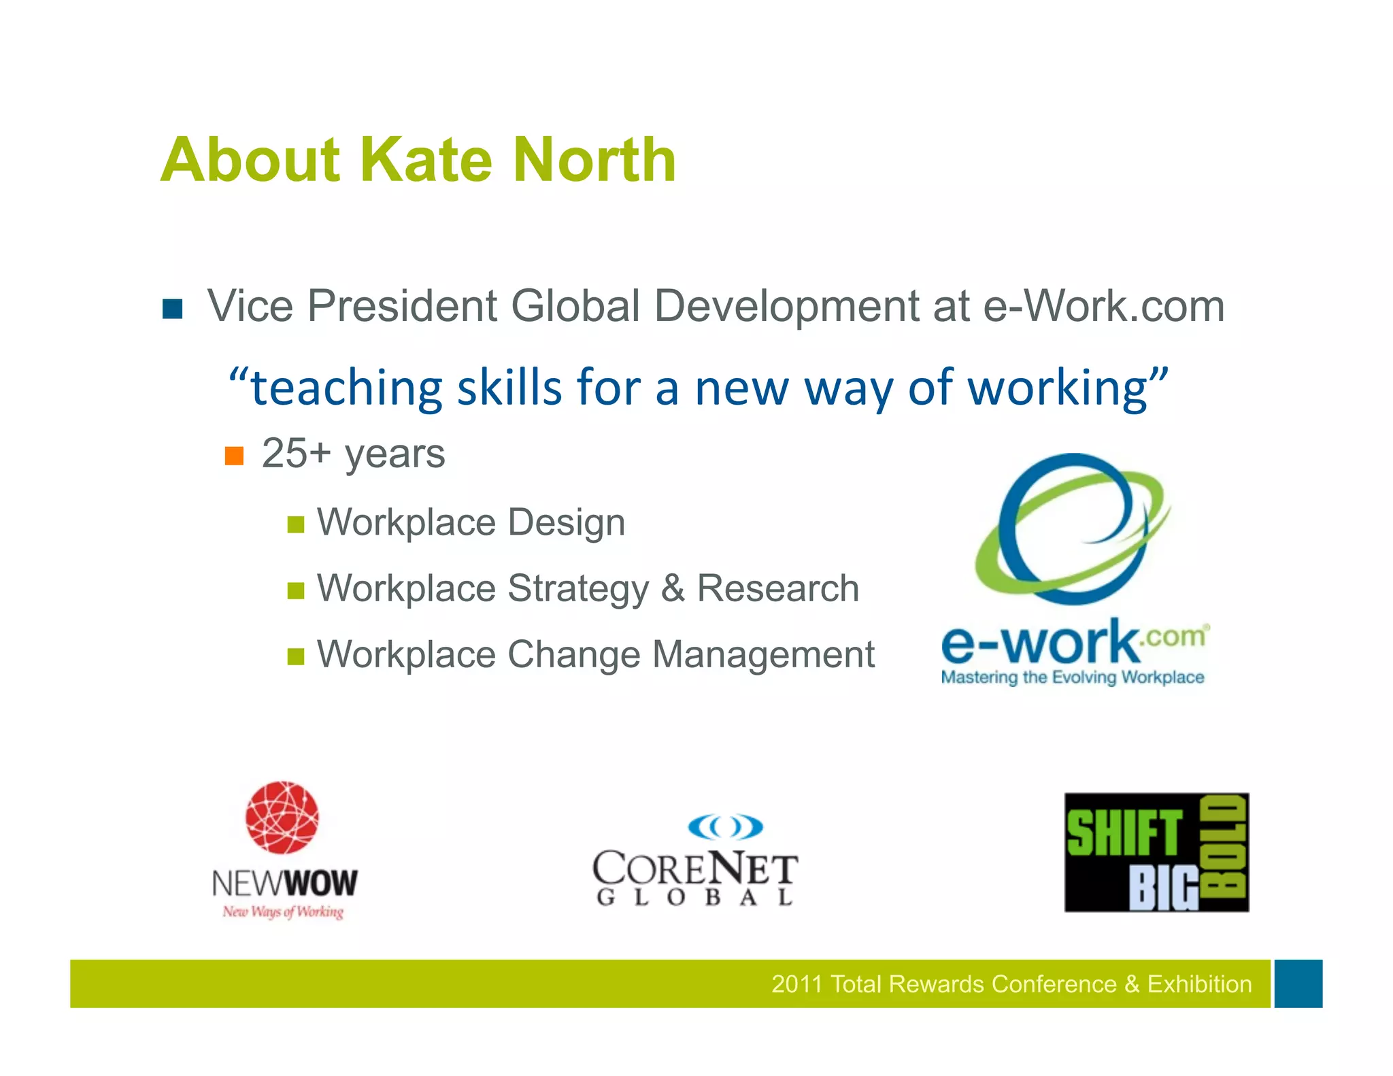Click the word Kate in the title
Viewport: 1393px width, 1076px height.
pyautogui.click(x=425, y=160)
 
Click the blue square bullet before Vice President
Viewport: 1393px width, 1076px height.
pyautogui.click(x=173, y=309)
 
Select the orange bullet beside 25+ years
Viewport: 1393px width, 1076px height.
pyautogui.click(x=234, y=456)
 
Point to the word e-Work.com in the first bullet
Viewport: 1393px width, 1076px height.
pyautogui.click(x=1104, y=306)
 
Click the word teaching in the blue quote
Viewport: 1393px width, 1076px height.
pyautogui.click(x=347, y=388)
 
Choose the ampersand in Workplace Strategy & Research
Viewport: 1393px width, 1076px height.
pyautogui.click(x=673, y=588)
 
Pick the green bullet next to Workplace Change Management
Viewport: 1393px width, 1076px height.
pyautogui.click(x=295, y=656)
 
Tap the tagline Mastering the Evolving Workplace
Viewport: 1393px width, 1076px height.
pyautogui.click(x=1073, y=677)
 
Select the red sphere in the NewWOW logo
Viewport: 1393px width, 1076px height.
pyautogui.click(x=282, y=818)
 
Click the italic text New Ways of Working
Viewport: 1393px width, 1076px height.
pyautogui.click(x=283, y=911)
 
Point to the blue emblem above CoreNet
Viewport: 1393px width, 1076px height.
pyautogui.click(x=725, y=827)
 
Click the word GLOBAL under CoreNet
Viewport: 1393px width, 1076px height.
pyautogui.click(x=694, y=898)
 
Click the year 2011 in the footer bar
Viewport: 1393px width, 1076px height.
pyautogui.click(x=796, y=984)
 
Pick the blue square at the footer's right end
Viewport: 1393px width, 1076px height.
pyautogui.click(x=1298, y=983)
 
